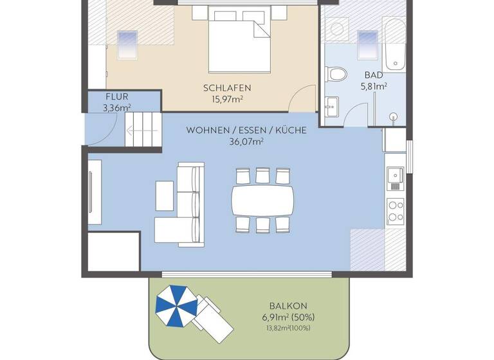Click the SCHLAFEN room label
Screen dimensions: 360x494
[226, 88]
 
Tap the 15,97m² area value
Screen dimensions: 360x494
[226, 99]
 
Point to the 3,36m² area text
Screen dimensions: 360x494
[117, 107]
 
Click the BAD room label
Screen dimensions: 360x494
[373, 74]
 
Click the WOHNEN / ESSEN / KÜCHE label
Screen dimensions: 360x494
[246, 130]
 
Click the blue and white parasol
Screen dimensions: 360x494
[174, 305]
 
